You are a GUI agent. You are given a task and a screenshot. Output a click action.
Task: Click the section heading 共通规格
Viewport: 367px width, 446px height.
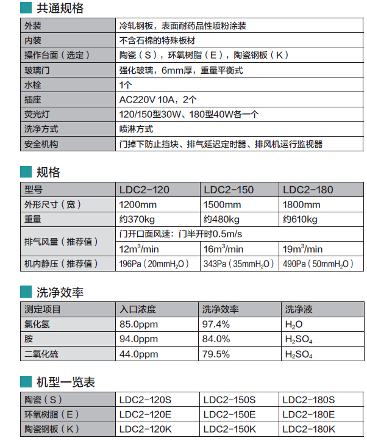pos(60,9)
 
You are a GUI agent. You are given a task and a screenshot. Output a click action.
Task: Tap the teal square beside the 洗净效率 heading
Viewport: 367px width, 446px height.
pos(26,292)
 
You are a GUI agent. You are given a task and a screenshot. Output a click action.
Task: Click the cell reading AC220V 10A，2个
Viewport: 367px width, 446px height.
pos(158,99)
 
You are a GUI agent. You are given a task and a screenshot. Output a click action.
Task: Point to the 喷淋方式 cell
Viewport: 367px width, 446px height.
pos(136,129)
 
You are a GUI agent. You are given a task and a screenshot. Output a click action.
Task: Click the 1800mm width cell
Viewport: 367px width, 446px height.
pos(302,204)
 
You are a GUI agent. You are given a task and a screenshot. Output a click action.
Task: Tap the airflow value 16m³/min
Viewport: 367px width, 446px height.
pos(224,248)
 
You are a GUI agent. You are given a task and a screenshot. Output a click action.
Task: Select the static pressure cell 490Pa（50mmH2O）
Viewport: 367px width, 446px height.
pos(318,264)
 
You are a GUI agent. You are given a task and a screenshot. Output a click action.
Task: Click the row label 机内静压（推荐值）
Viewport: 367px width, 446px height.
pos(61,264)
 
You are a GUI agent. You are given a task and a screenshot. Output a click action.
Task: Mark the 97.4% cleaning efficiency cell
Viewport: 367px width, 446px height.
pos(216,324)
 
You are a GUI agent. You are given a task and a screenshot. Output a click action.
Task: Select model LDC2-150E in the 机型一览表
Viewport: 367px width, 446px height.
pos(229,414)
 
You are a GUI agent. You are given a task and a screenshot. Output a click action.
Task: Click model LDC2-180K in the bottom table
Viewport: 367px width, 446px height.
pos(309,429)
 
